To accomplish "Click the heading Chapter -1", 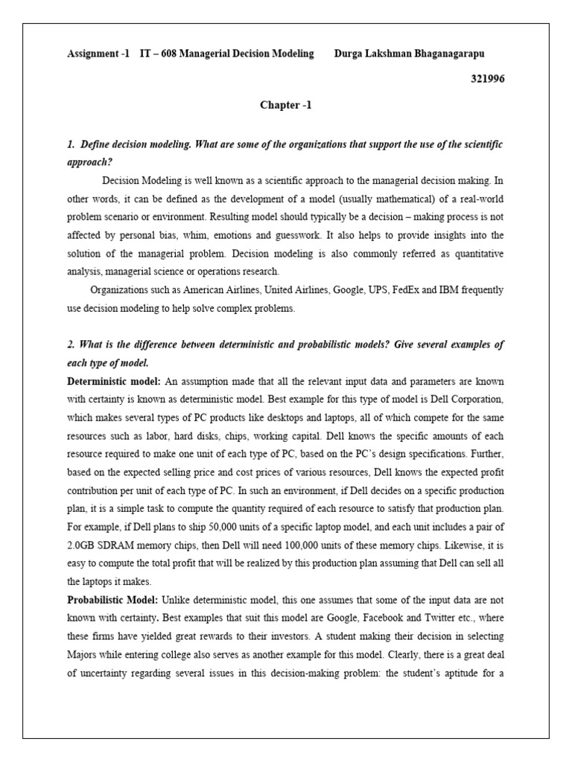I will click(x=285, y=105).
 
